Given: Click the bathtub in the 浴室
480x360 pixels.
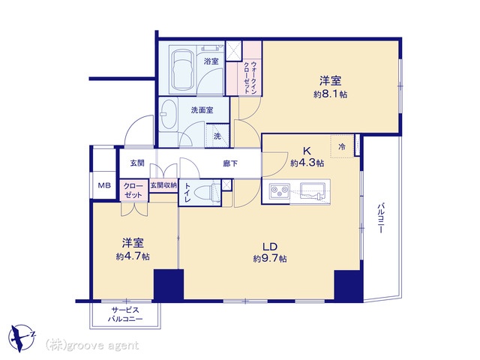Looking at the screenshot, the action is (181, 70).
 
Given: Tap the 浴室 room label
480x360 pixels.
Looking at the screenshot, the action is (211, 61).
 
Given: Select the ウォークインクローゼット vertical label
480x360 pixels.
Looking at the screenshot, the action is (250, 77).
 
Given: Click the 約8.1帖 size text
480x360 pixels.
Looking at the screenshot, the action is (330, 94).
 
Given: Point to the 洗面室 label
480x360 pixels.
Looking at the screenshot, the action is (202, 110).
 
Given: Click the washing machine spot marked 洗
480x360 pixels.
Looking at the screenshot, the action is (217, 136).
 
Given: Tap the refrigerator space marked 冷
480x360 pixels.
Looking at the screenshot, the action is (342, 147).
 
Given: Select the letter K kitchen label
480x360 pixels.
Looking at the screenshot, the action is (307, 151).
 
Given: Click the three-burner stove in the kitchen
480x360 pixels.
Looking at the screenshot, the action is (280, 191).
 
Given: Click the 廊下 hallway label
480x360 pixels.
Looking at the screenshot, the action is (230, 163).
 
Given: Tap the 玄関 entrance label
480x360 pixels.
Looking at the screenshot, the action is (137, 163).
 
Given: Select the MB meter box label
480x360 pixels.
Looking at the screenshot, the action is (104, 185).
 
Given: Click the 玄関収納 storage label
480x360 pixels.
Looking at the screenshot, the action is (163, 185).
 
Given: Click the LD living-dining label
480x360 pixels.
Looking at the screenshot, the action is (270, 247).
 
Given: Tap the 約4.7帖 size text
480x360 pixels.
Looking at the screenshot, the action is (133, 256).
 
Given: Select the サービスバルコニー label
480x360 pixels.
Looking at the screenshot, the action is (125, 315).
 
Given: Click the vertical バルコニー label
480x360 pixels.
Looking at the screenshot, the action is (380, 218).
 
